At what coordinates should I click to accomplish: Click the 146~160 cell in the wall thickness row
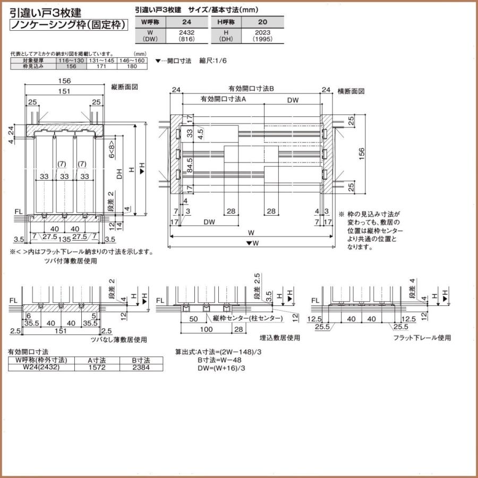coord(132,62)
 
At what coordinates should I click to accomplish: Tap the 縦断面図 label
coord(125,87)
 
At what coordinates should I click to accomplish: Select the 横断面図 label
coord(351,91)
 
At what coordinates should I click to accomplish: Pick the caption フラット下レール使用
coord(422,337)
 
